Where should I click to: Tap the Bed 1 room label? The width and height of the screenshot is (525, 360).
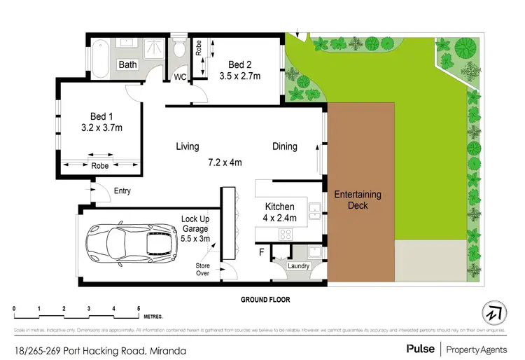click(97, 116)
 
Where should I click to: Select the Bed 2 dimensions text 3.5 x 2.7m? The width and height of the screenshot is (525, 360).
click(240, 76)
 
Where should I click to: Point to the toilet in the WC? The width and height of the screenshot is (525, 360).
click(180, 50)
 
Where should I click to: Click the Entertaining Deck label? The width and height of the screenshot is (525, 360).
click(358, 200)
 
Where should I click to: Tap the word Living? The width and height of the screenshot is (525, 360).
click(188, 146)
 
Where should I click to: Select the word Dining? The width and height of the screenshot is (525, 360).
click(285, 146)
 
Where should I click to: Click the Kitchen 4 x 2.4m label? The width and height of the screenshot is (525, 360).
click(280, 212)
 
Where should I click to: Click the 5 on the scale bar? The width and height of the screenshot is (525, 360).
click(139, 309)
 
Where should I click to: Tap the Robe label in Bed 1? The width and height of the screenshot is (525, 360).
click(99, 167)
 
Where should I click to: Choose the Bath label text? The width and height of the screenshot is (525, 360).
click(127, 64)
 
